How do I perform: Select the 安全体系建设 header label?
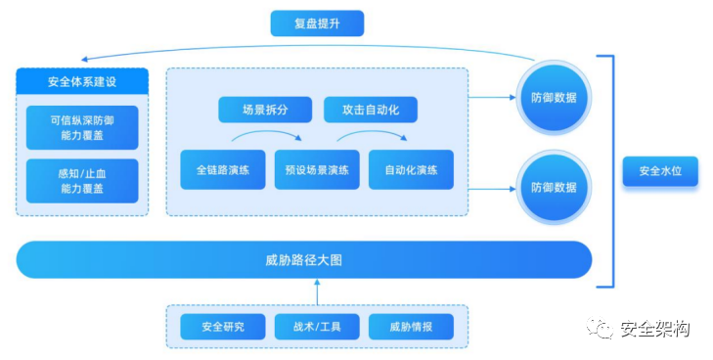82,80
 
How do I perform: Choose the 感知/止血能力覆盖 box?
82,180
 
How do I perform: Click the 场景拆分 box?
263,109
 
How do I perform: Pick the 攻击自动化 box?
370,109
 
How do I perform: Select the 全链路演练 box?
222,169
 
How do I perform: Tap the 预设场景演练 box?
317,169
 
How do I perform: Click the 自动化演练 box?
411,169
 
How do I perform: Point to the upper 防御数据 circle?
554,98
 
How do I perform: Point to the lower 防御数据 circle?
554,186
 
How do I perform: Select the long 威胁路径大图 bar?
303,260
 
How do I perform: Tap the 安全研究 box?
222,327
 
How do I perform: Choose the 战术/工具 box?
317,327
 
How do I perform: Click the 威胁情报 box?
411,327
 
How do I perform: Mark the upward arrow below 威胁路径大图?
317,292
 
